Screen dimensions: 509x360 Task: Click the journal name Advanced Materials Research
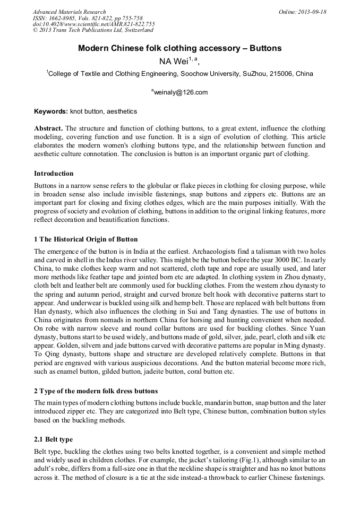point(69,12)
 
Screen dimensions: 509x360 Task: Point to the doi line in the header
point(94,24)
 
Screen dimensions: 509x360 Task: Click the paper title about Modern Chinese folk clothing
point(179,48)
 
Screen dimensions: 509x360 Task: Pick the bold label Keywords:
point(51,111)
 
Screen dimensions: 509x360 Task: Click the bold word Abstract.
point(48,129)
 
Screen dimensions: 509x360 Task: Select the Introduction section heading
point(54,174)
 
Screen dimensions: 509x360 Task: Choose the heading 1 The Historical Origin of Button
point(85,239)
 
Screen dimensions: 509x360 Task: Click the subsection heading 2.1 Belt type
point(53,439)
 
